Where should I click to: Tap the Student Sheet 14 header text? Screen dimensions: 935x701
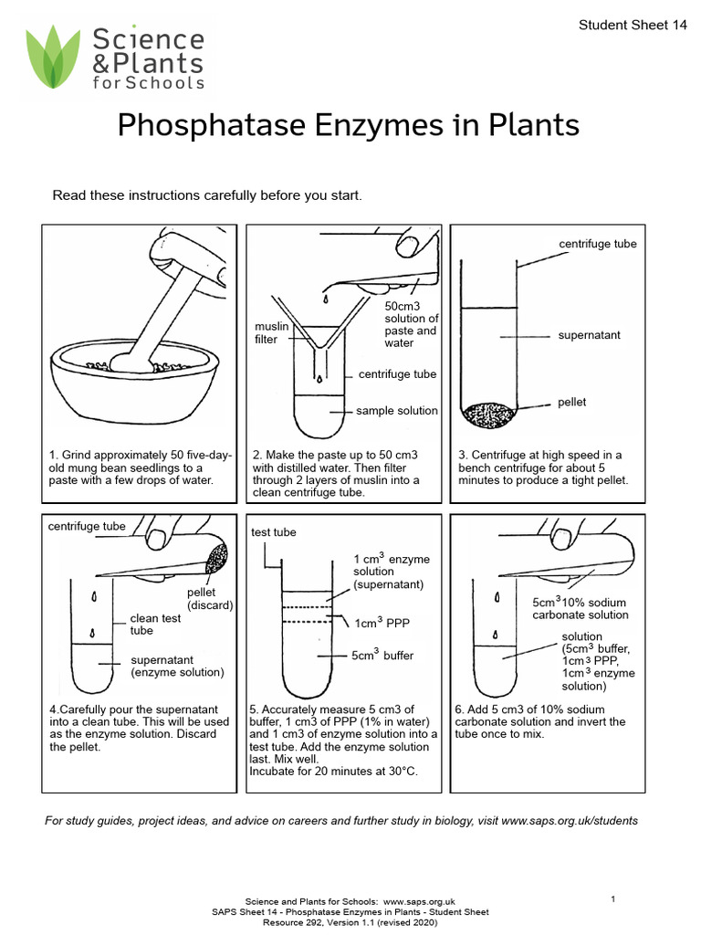[633, 26]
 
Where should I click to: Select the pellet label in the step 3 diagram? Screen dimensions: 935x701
[572, 403]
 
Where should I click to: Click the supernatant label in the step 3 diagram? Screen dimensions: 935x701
[589, 335]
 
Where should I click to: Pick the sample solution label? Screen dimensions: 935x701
[396, 411]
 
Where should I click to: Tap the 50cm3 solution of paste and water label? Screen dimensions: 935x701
[411, 324]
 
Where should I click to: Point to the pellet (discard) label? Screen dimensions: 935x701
[210, 599]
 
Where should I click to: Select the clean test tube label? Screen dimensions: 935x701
[155, 625]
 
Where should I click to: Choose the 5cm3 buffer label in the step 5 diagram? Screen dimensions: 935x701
[382, 656]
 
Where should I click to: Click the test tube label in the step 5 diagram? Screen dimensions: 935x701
[273, 532]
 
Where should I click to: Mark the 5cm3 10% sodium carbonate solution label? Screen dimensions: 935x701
[581, 609]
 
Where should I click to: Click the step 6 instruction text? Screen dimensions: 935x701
[539, 721]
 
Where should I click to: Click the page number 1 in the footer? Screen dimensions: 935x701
[613, 900]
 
